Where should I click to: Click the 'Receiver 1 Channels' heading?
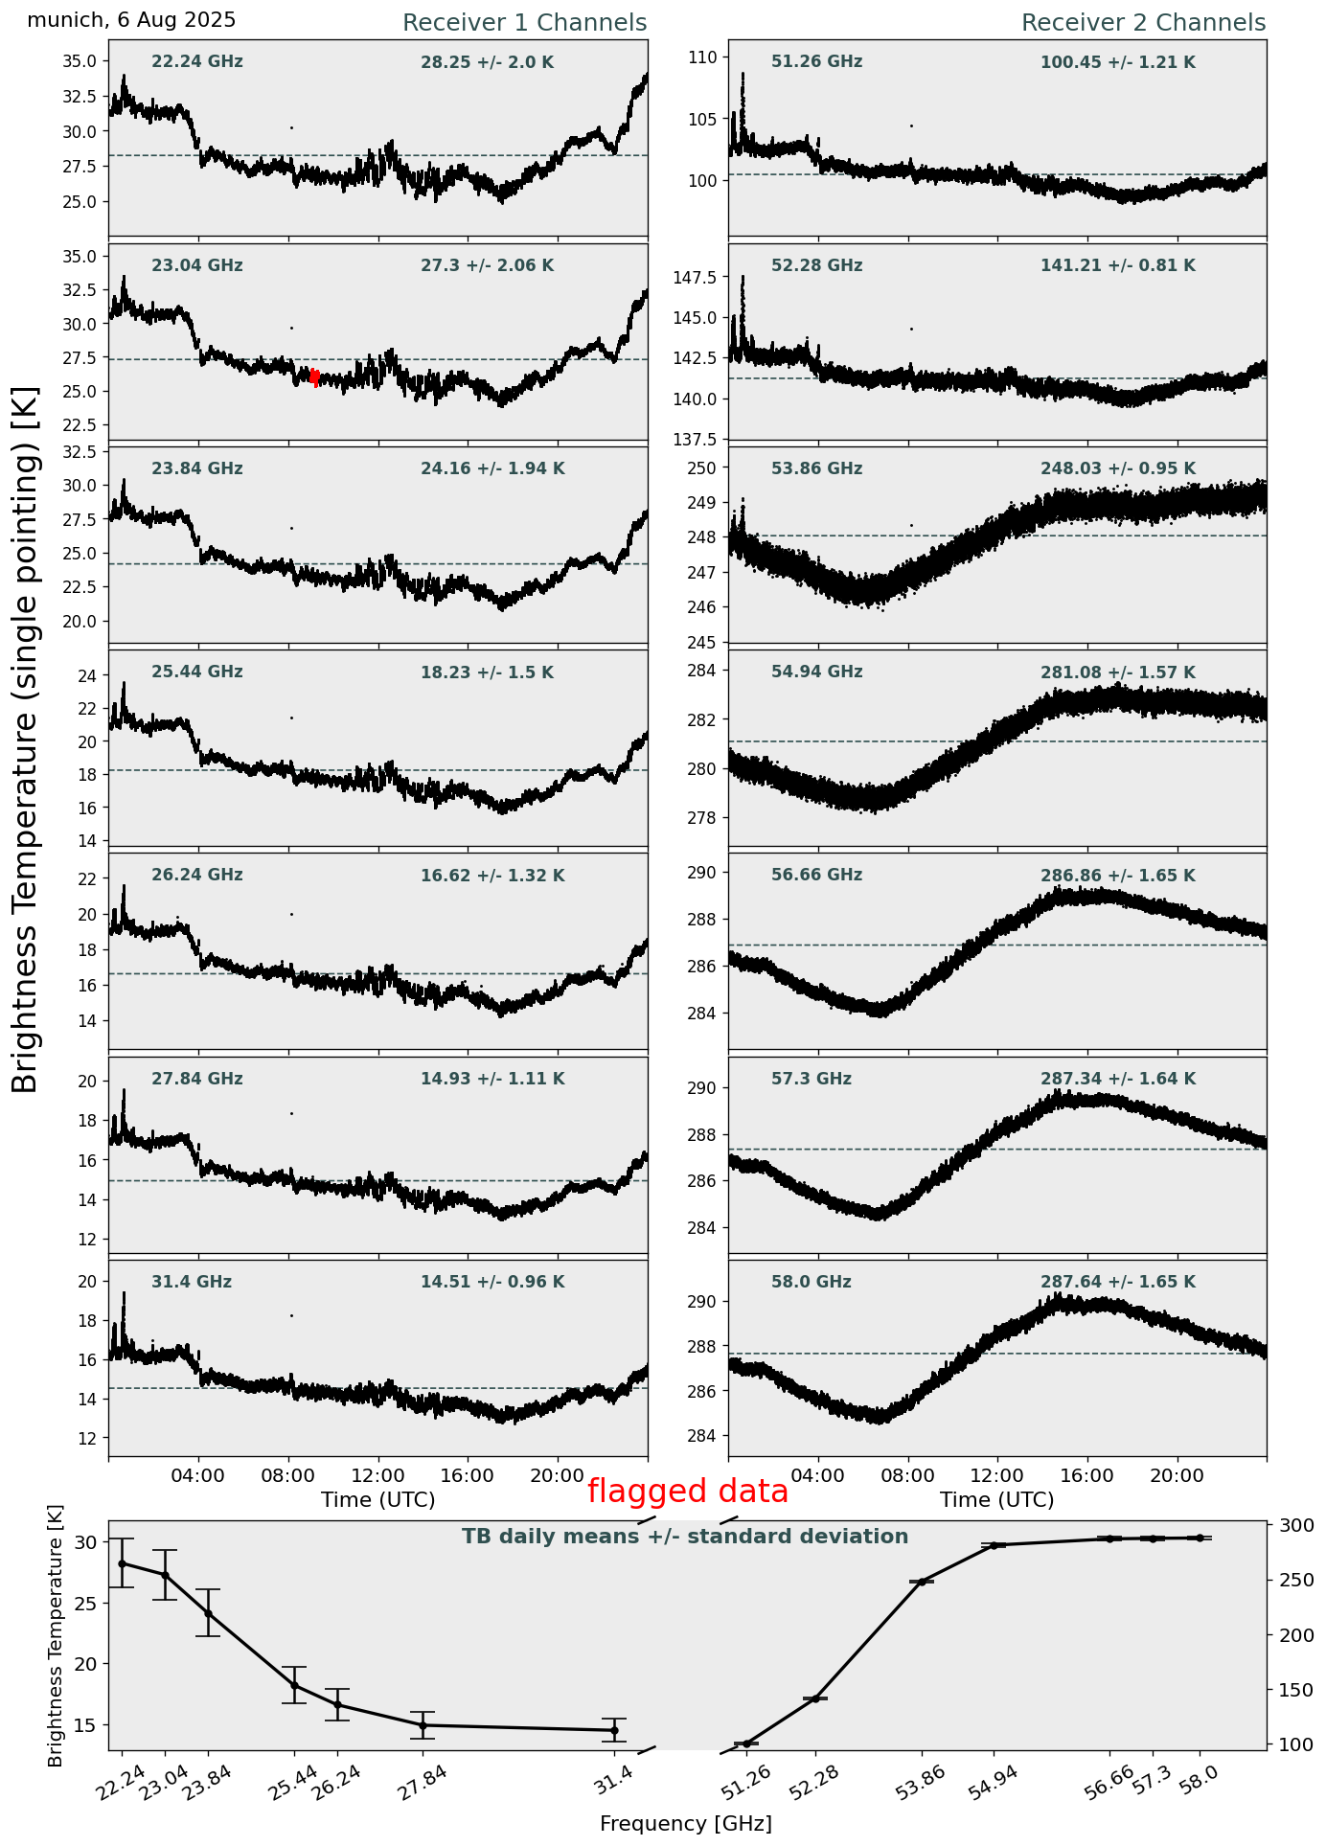pyautogui.click(x=524, y=23)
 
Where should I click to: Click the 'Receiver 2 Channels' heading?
pyautogui.click(x=1143, y=23)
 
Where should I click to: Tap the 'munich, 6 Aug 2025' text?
pyautogui.click(x=131, y=20)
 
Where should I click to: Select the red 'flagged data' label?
pyautogui.click(x=687, y=1492)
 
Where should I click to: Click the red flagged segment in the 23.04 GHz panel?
pyautogui.click(x=314, y=377)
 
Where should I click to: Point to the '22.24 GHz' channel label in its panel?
pyautogui.click(x=197, y=62)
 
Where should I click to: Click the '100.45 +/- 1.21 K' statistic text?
pyautogui.click(x=1117, y=63)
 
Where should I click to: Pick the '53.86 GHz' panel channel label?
pyautogui.click(x=816, y=469)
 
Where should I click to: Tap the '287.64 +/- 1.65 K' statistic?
pyautogui.click(x=1117, y=1283)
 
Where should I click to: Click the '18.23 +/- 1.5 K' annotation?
pyautogui.click(x=487, y=673)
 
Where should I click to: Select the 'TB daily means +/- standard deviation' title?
pyautogui.click(x=685, y=1537)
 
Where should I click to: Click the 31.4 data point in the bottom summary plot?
pyautogui.click(x=614, y=1730)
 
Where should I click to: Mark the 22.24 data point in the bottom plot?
pyautogui.click(x=122, y=1563)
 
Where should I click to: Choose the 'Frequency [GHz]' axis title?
pyautogui.click(x=685, y=1824)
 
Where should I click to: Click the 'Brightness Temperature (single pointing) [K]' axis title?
pyautogui.click(x=26, y=739)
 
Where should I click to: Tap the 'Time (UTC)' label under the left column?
pyautogui.click(x=377, y=1500)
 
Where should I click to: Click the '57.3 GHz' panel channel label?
pyautogui.click(x=811, y=1080)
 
